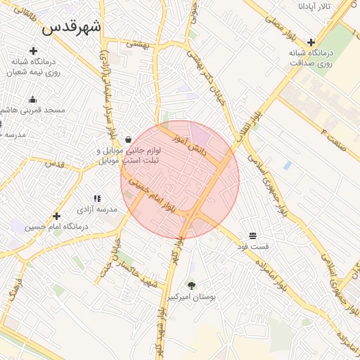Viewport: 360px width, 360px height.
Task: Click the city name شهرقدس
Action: pyautogui.click(x=72, y=27)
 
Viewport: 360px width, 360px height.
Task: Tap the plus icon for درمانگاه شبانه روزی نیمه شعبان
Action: pyautogui.click(x=33, y=51)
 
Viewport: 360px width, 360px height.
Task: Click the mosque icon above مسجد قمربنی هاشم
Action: pyautogui.click(x=33, y=99)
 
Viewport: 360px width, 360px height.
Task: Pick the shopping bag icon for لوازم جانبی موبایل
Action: pyautogui.click(x=128, y=139)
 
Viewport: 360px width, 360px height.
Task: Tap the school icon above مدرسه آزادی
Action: pyautogui.click(x=97, y=199)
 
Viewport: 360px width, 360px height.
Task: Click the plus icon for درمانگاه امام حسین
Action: pyautogui.click(x=57, y=216)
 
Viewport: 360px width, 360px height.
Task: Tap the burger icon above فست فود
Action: pyautogui.click(x=252, y=235)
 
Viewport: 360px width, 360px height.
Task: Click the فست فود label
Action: pyautogui.click(x=253, y=247)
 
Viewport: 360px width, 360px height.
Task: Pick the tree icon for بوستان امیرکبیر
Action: pyautogui.click(x=191, y=285)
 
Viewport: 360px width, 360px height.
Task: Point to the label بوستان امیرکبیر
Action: pyautogui.click(x=191, y=297)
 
